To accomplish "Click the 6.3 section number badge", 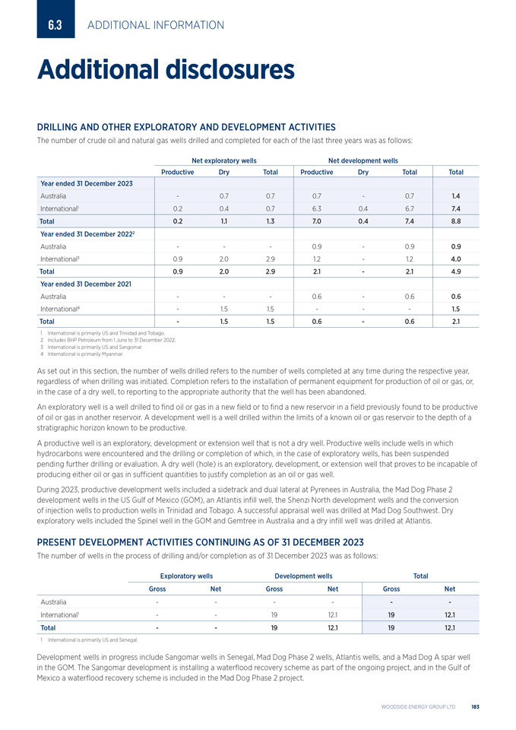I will coord(55,25).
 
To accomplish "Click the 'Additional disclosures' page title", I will coord(166,70).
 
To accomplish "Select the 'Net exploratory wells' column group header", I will coord(223,160).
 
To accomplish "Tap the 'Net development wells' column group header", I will coord(362,160).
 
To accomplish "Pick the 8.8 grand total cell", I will coord(456,221).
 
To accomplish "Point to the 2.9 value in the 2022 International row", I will coord(270,259).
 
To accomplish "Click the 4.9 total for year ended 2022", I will coord(456,271).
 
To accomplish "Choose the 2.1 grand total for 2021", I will coord(456,321).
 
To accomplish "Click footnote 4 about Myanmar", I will coord(84,354).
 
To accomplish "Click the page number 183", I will coord(474,707).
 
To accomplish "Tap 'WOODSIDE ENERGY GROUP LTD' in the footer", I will coord(418,707).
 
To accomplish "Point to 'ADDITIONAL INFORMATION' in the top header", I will coord(156,25).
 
